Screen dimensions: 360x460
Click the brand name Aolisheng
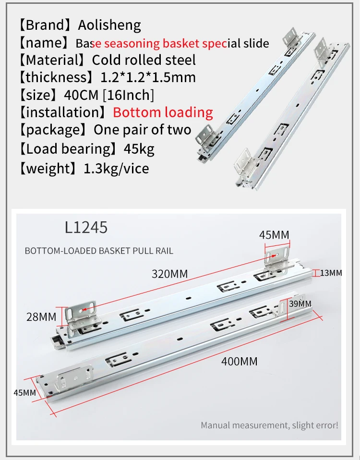109,25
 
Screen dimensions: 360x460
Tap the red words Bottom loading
163,112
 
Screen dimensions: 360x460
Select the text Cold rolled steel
144,60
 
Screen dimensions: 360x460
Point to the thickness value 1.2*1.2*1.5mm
148,77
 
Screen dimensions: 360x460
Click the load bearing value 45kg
139,149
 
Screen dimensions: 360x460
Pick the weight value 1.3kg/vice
116,169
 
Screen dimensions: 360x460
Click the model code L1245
86,228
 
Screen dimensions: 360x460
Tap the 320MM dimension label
170,274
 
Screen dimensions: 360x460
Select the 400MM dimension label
239,361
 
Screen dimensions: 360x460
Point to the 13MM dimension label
331,273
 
